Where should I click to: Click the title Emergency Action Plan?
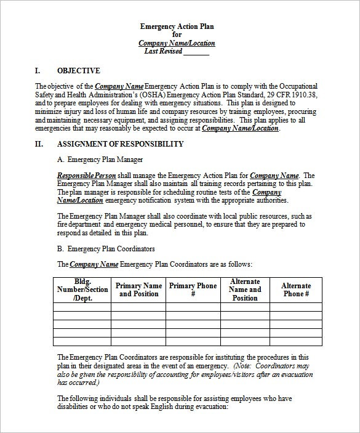pos(177,26)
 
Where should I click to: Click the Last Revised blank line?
pos(196,52)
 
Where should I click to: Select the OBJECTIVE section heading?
pos(78,71)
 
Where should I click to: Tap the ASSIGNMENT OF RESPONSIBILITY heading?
pos(120,144)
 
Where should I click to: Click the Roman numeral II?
pos(39,144)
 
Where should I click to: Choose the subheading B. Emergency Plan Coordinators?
pos(106,249)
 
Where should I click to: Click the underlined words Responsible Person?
pos(82,176)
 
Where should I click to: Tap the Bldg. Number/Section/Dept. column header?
pos(82,289)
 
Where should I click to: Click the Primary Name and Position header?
pos(138,289)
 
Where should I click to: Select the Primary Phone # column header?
pos(193,289)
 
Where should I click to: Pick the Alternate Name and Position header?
pos(244,289)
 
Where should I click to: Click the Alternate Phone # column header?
pos(296,289)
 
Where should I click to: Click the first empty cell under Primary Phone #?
pos(193,307)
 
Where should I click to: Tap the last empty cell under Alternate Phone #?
pos(296,342)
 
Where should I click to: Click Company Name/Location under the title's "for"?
pos(177,43)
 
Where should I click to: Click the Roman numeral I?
pos(38,71)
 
